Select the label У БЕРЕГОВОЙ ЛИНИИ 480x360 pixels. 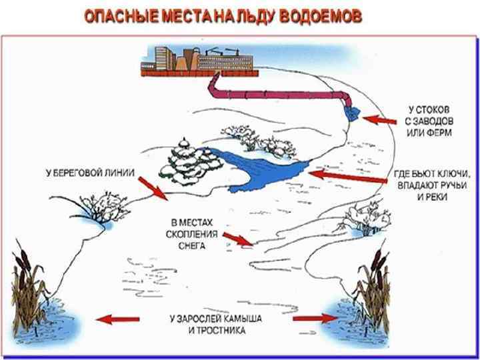point(91,173)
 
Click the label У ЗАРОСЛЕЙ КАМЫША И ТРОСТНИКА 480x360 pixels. point(215,325)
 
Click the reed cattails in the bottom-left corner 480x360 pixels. point(30,280)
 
